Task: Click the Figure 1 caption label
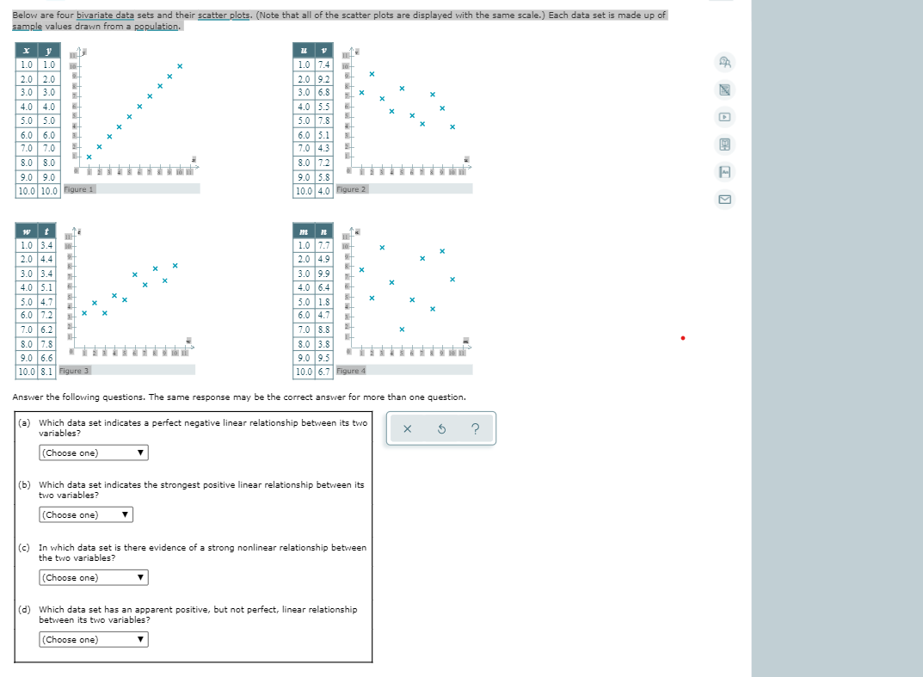point(80,189)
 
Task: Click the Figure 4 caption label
point(351,371)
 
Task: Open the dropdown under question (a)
point(93,453)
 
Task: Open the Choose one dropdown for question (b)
point(85,515)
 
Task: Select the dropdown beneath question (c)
point(93,578)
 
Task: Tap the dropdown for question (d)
point(93,640)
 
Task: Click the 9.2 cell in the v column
point(323,79)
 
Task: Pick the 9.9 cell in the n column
point(323,274)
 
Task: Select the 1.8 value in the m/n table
point(323,302)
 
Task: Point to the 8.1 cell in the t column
point(48,372)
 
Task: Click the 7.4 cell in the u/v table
point(323,65)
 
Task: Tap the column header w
point(27,231)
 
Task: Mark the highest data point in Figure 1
point(180,66)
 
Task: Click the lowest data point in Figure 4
point(402,329)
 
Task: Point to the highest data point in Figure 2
point(372,74)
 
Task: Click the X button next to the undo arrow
point(408,429)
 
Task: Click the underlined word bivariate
point(101,15)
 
